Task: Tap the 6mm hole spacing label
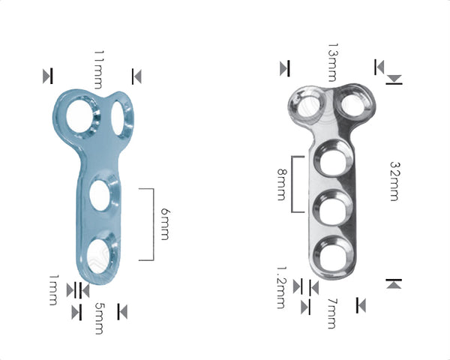click(166, 223)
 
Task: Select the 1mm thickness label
click(52, 289)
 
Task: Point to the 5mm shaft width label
click(98, 318)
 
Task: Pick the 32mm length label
click(394, 180)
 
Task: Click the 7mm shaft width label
click(332, 313)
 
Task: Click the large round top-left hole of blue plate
click(79, 118)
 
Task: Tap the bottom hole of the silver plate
click(330, 253)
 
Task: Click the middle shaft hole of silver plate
click(330, 206)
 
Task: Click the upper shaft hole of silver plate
click(330, 161)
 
